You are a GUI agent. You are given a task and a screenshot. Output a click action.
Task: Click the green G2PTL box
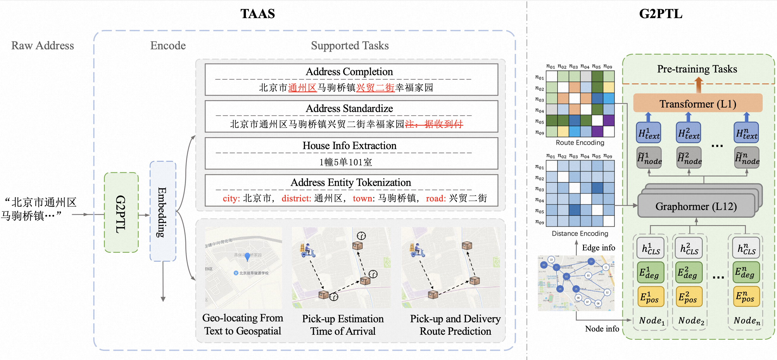121,213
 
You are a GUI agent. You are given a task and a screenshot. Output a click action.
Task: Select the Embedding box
162,211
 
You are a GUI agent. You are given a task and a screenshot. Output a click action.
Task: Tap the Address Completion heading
349,72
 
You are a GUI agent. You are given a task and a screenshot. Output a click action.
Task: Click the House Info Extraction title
349,146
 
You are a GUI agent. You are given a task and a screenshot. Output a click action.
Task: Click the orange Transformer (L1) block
697,104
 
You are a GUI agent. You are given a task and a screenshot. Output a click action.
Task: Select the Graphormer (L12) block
696,206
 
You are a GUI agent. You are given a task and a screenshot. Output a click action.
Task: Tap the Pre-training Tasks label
697,69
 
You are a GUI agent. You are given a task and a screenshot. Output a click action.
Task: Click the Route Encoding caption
580,143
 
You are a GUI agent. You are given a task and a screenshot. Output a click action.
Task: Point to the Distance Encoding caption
580,233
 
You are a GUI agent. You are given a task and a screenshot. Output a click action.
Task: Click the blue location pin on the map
247,257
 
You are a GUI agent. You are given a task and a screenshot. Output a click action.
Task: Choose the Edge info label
598,248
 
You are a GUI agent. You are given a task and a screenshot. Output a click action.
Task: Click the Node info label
602,329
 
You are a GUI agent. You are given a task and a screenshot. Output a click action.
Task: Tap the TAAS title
258,14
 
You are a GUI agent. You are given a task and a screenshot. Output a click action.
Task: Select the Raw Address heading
42,45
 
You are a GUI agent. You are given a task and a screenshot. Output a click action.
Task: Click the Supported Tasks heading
350,45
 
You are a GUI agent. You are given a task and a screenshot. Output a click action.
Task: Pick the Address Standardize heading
349,109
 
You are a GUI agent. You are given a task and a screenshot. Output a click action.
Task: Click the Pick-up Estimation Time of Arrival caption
343,325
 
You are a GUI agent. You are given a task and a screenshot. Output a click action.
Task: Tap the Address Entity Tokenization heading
350,183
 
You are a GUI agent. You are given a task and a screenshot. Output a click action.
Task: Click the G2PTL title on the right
661,14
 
